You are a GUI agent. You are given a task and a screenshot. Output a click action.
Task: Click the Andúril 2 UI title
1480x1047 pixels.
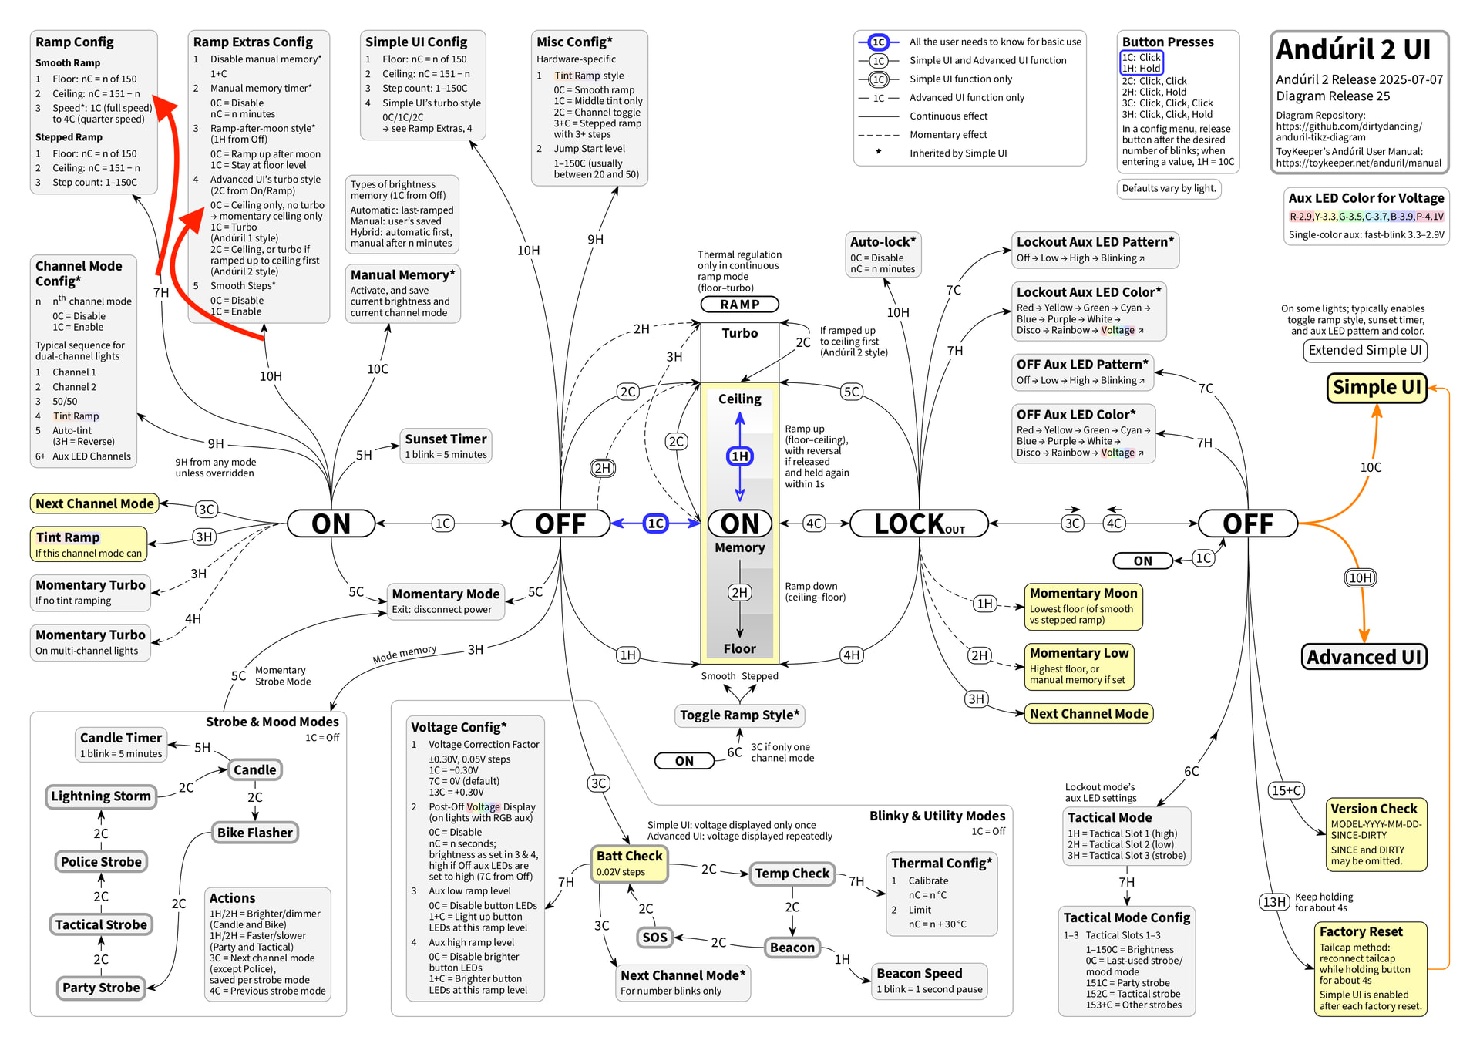1353,49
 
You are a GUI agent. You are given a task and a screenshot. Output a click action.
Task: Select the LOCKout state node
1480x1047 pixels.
919,523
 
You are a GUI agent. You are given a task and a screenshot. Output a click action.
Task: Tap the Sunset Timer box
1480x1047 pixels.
446,446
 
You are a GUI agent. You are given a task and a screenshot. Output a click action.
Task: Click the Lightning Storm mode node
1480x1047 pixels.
101,796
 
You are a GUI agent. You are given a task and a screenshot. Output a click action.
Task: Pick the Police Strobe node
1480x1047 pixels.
101,862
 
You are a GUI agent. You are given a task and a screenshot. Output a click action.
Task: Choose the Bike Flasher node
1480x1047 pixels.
255,833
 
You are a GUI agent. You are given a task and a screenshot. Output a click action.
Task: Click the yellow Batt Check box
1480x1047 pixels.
629,864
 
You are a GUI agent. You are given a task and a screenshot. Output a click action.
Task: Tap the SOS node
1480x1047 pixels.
654,938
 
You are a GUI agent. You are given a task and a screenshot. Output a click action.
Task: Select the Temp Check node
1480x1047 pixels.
792,874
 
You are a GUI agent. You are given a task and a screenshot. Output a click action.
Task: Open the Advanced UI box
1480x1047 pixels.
1364,657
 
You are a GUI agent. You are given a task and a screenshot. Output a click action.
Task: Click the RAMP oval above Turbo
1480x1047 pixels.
740,305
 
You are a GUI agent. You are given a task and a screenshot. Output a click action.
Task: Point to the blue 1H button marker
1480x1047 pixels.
740,456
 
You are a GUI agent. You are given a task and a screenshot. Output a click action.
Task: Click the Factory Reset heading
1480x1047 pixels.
1361,931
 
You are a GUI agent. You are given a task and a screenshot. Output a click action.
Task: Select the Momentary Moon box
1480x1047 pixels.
1083,606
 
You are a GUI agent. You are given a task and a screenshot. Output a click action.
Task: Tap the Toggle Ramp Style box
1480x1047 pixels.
740,715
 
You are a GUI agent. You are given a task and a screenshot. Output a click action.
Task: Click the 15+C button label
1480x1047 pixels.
1287,790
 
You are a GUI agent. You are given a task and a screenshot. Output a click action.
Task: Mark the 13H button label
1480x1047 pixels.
1274,902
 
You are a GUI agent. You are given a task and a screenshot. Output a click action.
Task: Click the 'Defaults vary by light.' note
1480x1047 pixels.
1169,188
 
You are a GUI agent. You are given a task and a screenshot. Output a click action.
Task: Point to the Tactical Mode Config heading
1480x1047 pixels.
1127,917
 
